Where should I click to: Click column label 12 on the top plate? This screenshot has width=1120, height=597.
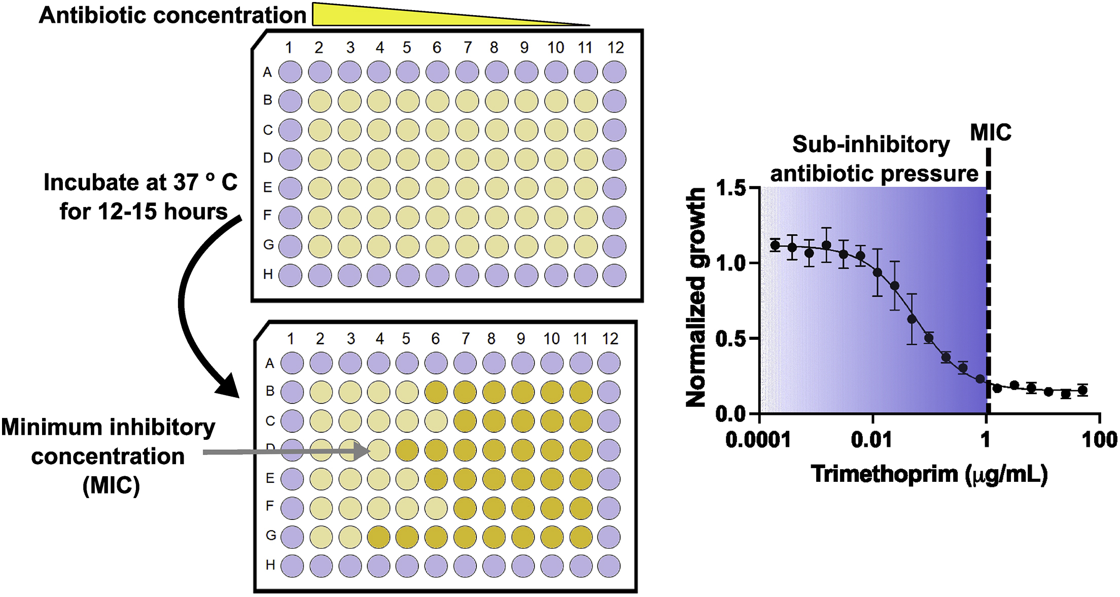[615, 48]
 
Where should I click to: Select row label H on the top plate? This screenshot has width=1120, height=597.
[268, 274]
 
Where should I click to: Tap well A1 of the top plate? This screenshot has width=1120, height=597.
[290, 72]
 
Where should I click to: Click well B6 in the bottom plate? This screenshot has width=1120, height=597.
[436, 392]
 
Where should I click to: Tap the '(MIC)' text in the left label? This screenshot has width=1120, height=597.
[111, 485]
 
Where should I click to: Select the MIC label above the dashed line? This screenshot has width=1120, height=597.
[990, 133]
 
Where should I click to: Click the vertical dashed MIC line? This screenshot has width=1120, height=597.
[988, 279]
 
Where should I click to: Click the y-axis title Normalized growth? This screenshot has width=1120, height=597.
[695, 297]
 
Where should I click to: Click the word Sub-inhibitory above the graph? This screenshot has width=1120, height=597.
[871, 145]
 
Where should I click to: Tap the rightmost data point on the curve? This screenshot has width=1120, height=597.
[1082, 390]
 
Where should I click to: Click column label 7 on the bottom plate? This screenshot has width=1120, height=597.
[465, 339]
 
